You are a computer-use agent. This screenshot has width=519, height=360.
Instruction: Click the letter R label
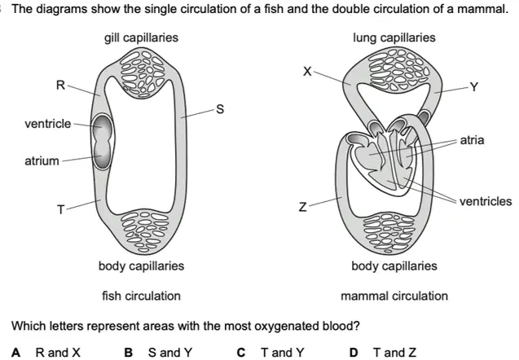tap(60, 86)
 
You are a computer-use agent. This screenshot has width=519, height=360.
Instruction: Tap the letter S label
tap(220, 109)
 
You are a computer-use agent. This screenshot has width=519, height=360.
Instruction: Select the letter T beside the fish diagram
tap(61, 209)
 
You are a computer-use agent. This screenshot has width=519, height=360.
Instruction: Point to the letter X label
tap(307, 71)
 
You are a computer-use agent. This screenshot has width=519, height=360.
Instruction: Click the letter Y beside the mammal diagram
tap(474, 86)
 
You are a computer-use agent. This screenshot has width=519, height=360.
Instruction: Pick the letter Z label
tap(302, 207)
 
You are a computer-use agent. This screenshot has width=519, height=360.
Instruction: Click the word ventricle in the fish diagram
tap(47, 124)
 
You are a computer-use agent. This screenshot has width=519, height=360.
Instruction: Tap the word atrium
tap(42, 161)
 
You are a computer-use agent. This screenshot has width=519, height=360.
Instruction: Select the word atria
tap(472, 140)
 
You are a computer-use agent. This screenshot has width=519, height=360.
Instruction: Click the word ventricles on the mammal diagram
tap(486, 201)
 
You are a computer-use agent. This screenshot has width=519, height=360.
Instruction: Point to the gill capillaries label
tap(141, 37)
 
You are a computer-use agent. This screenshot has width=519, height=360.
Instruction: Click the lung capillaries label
tap(394, 37)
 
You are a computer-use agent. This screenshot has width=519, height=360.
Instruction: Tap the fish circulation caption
tap(141, 296)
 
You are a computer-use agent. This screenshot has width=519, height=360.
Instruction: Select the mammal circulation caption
tap(394, 296)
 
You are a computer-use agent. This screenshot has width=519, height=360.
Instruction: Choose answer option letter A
tap(16, 353)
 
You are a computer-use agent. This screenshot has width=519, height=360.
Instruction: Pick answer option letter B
tap(129, 353)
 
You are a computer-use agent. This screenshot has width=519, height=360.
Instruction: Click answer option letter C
tap(241, 353)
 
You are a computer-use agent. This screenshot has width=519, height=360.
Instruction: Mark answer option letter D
tap(354, 353)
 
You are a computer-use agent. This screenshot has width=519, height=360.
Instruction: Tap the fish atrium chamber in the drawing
tap(102, 156)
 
